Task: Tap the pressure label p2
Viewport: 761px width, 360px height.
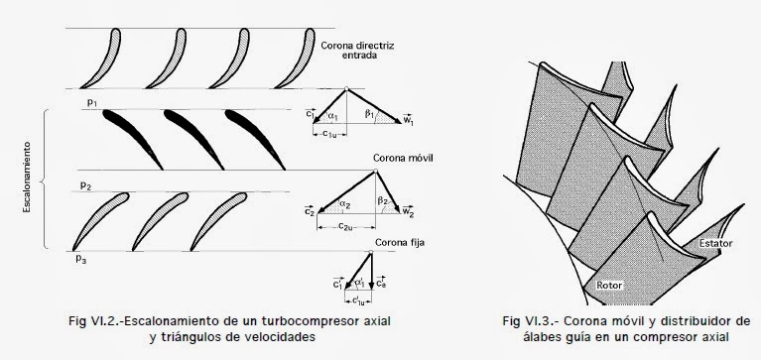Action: [x=87, y=184]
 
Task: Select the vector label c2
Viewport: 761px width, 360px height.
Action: [x=309, y=211]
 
